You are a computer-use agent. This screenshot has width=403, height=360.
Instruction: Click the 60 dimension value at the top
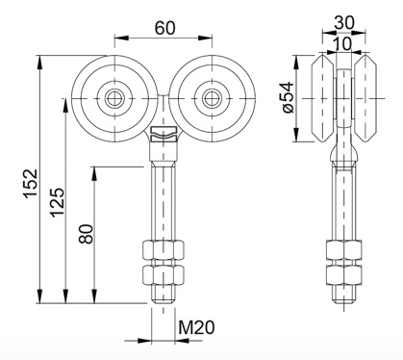point(165,28)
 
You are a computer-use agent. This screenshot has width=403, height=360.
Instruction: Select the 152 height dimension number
point(32,183)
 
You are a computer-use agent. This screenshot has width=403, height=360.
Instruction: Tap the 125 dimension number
point(59,202)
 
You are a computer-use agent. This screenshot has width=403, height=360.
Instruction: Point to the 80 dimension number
point(87,234)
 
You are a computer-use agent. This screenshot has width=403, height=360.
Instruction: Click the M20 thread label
point(196,327)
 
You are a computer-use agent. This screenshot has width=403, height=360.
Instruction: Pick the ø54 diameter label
point(289,97)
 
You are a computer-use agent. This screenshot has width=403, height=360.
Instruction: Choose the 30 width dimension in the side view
point(344,23)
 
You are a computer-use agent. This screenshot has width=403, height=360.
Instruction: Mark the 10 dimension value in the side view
point(342,44)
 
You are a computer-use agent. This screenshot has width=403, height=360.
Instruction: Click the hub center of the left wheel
point(114,97)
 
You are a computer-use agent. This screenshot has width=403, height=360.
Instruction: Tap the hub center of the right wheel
point(212,97)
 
